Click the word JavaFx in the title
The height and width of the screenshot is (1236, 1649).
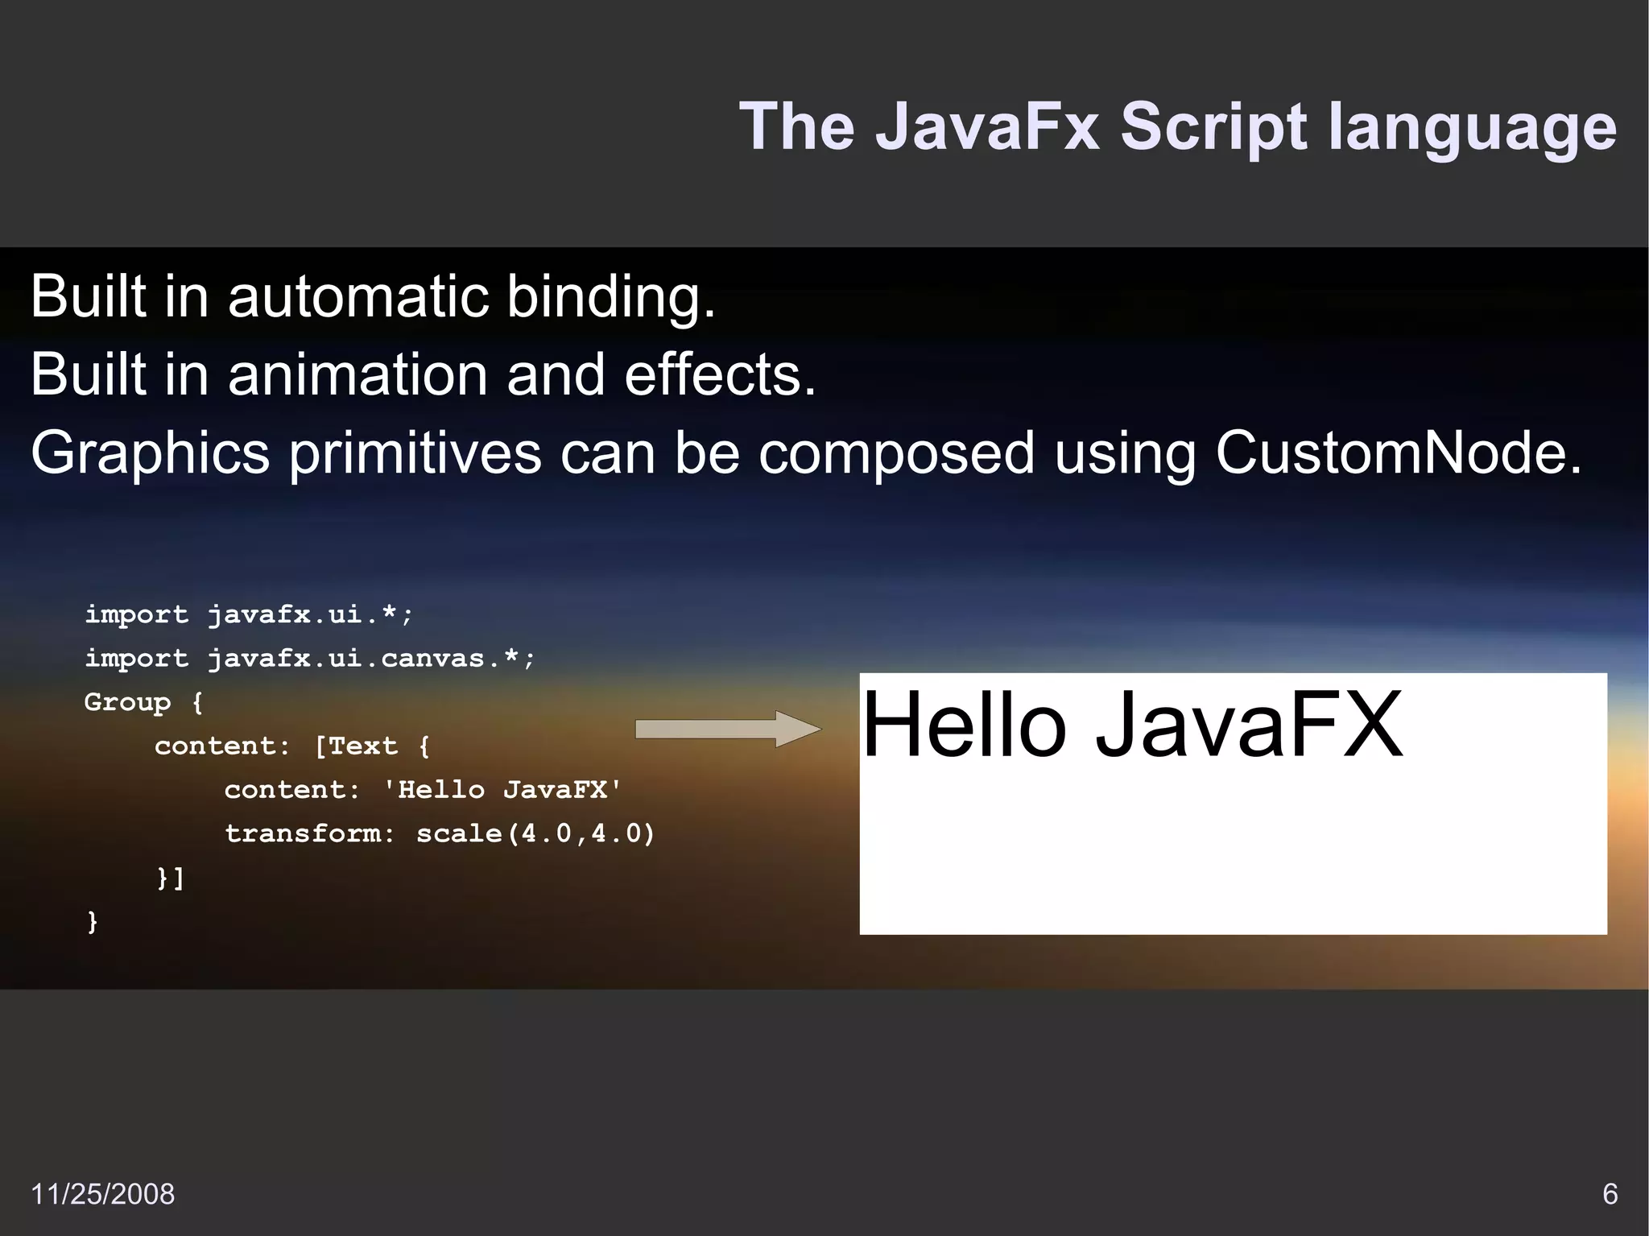987,126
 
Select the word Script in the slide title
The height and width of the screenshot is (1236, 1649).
1215,126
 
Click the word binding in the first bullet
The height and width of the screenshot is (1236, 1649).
610,297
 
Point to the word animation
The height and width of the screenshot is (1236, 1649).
357,374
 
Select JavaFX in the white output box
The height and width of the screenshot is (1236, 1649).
1249,725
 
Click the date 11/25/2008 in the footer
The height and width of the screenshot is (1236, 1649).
102,1194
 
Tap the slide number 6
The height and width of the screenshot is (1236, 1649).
1610,1194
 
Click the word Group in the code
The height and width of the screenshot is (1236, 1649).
127,702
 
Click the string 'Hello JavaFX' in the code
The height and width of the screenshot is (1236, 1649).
502,789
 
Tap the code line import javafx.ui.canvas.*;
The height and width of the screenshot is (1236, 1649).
310,659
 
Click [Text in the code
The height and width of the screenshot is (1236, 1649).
356,746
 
